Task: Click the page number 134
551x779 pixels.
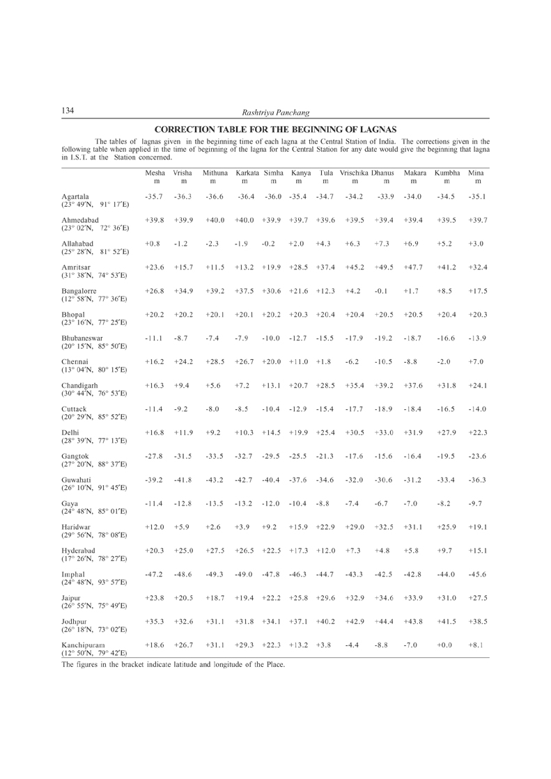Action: coord(68,111)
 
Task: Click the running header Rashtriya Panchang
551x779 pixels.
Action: coord(275,112)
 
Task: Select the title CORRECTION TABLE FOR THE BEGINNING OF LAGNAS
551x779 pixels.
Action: coord(275,129)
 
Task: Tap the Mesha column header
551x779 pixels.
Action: coord(155,172)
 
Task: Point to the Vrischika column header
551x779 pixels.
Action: coord(354,172)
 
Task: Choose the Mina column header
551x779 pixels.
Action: coord(476,172)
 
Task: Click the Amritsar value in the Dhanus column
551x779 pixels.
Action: coord(384,267)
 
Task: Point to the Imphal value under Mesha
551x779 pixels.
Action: coord(154,574)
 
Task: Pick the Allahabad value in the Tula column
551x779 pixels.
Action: coord(323,244)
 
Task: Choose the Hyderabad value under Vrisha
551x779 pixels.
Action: coord(183,551)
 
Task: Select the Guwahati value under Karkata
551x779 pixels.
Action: coord(245,480)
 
